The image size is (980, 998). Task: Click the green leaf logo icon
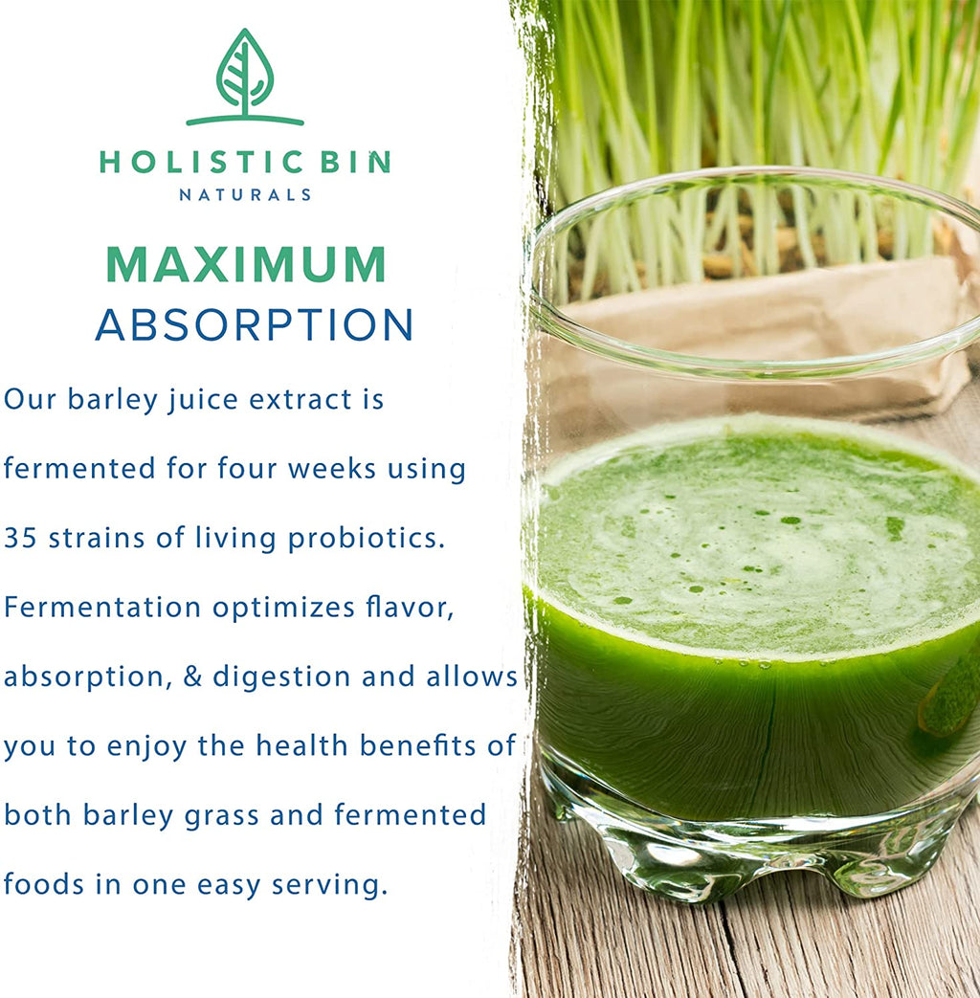[245, 77]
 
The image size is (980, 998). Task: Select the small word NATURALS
[245, 195]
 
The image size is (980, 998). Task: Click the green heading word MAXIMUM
[245, 265]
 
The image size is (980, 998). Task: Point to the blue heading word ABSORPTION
[254, 325]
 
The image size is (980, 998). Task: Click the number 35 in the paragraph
[20, 538]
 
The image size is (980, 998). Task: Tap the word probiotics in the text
[367, 538]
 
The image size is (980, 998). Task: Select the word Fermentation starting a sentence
[102, 607]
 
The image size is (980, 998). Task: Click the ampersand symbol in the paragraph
[191, 676]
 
